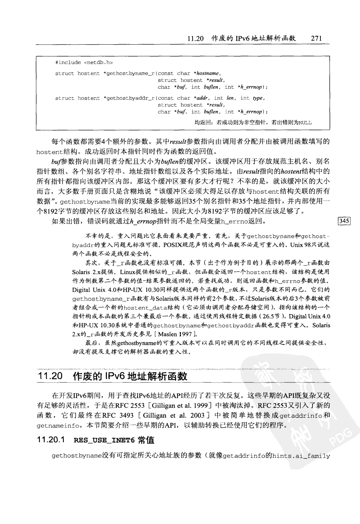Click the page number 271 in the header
[316, 38]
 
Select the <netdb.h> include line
[84, 62]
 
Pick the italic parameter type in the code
[258, 98]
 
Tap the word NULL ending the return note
[305, 123]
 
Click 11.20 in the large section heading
[50, 376]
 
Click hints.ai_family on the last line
[301, 456]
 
